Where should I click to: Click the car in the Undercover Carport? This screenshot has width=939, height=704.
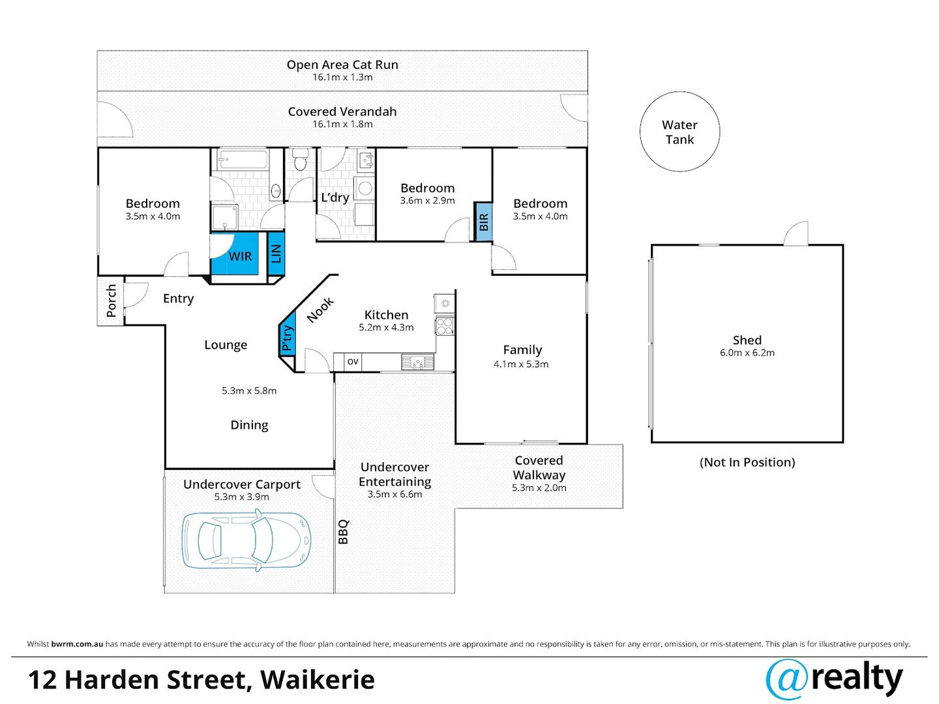246,540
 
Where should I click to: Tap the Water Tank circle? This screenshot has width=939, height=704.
679,132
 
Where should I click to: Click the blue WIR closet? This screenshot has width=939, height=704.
239,256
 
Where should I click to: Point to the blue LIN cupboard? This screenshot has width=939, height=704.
276,254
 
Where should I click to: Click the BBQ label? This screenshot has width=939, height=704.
344,531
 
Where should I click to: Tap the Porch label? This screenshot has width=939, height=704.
111,301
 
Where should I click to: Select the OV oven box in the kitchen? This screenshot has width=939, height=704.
353,361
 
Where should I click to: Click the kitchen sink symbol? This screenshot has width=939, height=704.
417,362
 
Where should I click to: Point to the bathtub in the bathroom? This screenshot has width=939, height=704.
243,159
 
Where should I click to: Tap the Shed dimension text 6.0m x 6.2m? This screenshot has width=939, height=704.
747,353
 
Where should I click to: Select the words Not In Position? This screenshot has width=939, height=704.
747,462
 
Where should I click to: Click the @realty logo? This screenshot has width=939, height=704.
834,679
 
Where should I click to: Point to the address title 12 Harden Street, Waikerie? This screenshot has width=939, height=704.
201,680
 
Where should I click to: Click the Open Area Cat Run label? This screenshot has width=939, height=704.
342,65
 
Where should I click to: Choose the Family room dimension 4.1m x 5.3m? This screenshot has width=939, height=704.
521,364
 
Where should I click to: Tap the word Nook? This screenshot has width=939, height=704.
320,310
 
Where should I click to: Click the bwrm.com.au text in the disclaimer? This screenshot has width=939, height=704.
77,644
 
